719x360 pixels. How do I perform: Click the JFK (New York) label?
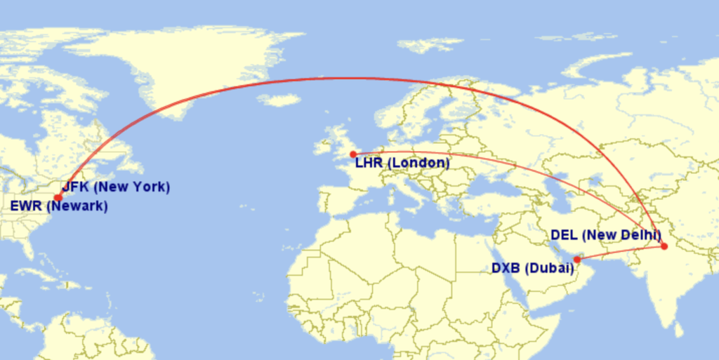point(116,187)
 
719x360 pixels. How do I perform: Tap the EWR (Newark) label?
point(59,206)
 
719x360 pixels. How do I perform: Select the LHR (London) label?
point(402,164)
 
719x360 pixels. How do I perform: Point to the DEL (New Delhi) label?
point(606,234)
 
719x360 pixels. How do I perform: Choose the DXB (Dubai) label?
point(528,267)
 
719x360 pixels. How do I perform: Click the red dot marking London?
point(353,154)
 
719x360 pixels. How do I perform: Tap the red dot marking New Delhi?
point(664,246)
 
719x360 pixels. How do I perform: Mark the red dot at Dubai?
point(577,260)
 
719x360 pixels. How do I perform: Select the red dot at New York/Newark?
point(58,198)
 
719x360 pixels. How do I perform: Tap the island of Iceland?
point(279,100)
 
